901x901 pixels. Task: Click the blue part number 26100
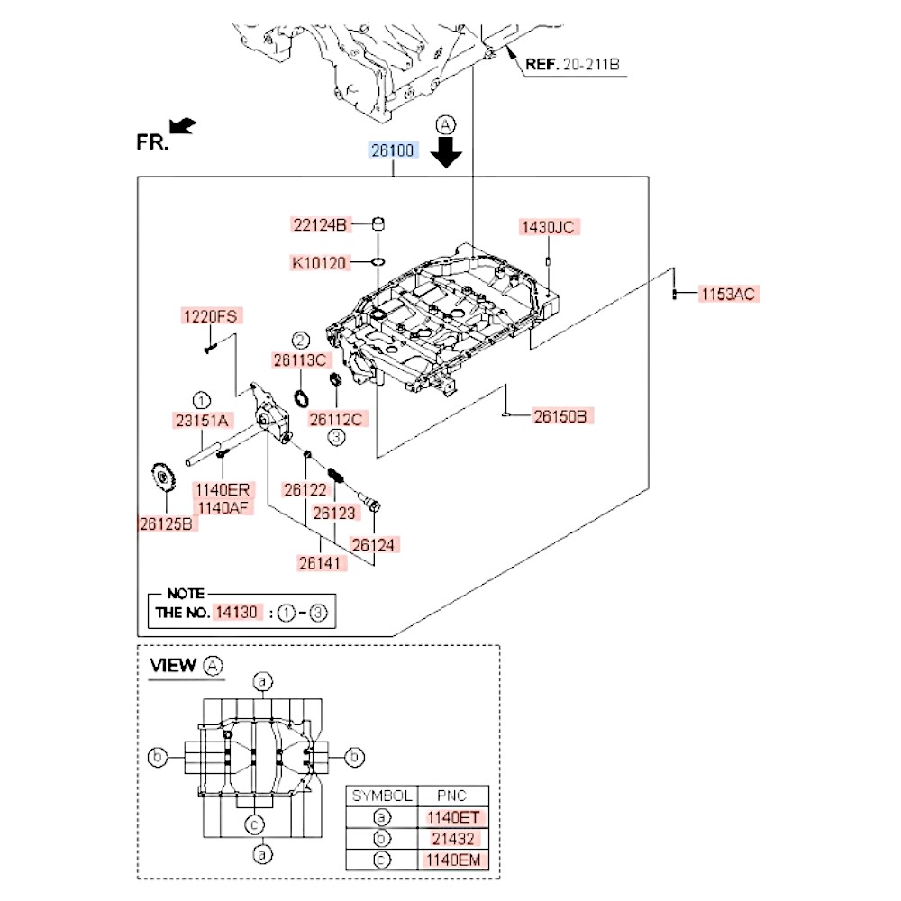[x=392, y=150]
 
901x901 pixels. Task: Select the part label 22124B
[x=319, y=224]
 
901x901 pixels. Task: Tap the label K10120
[x=319, y=263]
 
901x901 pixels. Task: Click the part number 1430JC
[x=546, y=227]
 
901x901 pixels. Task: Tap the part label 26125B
[x=166, y=523]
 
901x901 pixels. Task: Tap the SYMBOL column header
[x=382, y=796]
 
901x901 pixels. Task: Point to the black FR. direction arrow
[x=184, y=125]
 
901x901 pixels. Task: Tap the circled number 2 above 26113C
[x=300, y=339]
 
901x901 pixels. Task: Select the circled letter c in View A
[x=255, y=824]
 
